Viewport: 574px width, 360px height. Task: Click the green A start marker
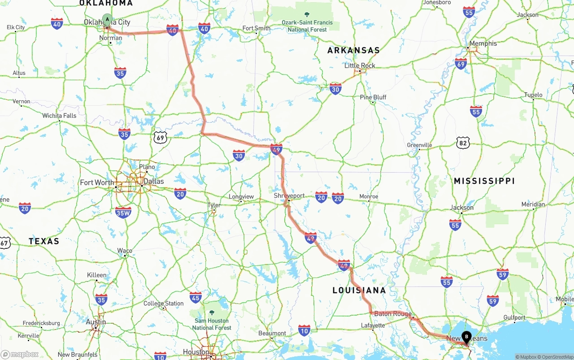[107, 19]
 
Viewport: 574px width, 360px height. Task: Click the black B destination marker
[466, 336]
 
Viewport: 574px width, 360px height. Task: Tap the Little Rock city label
[360, 65]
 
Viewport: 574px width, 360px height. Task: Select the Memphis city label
[483, 43]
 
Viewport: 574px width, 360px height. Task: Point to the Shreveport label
[289, 196]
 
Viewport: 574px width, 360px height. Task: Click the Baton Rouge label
[393, 314]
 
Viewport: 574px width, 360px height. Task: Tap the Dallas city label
[153, 182]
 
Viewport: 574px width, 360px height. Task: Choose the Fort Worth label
[97, 182]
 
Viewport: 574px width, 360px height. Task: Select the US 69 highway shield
[161, 137]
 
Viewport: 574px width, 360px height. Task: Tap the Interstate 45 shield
[196, 297]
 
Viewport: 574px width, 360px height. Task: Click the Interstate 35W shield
[123, 212]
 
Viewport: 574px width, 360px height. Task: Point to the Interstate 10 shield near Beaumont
[304, 331]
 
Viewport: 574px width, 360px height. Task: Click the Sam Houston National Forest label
[212, 324]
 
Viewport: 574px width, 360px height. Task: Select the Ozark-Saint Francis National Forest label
[307, 26]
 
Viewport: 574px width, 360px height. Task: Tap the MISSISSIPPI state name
[484, 181]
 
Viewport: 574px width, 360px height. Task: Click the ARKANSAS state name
[353, 50]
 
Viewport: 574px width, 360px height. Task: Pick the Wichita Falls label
[59, 116]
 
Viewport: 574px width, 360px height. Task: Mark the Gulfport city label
[514, 317]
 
